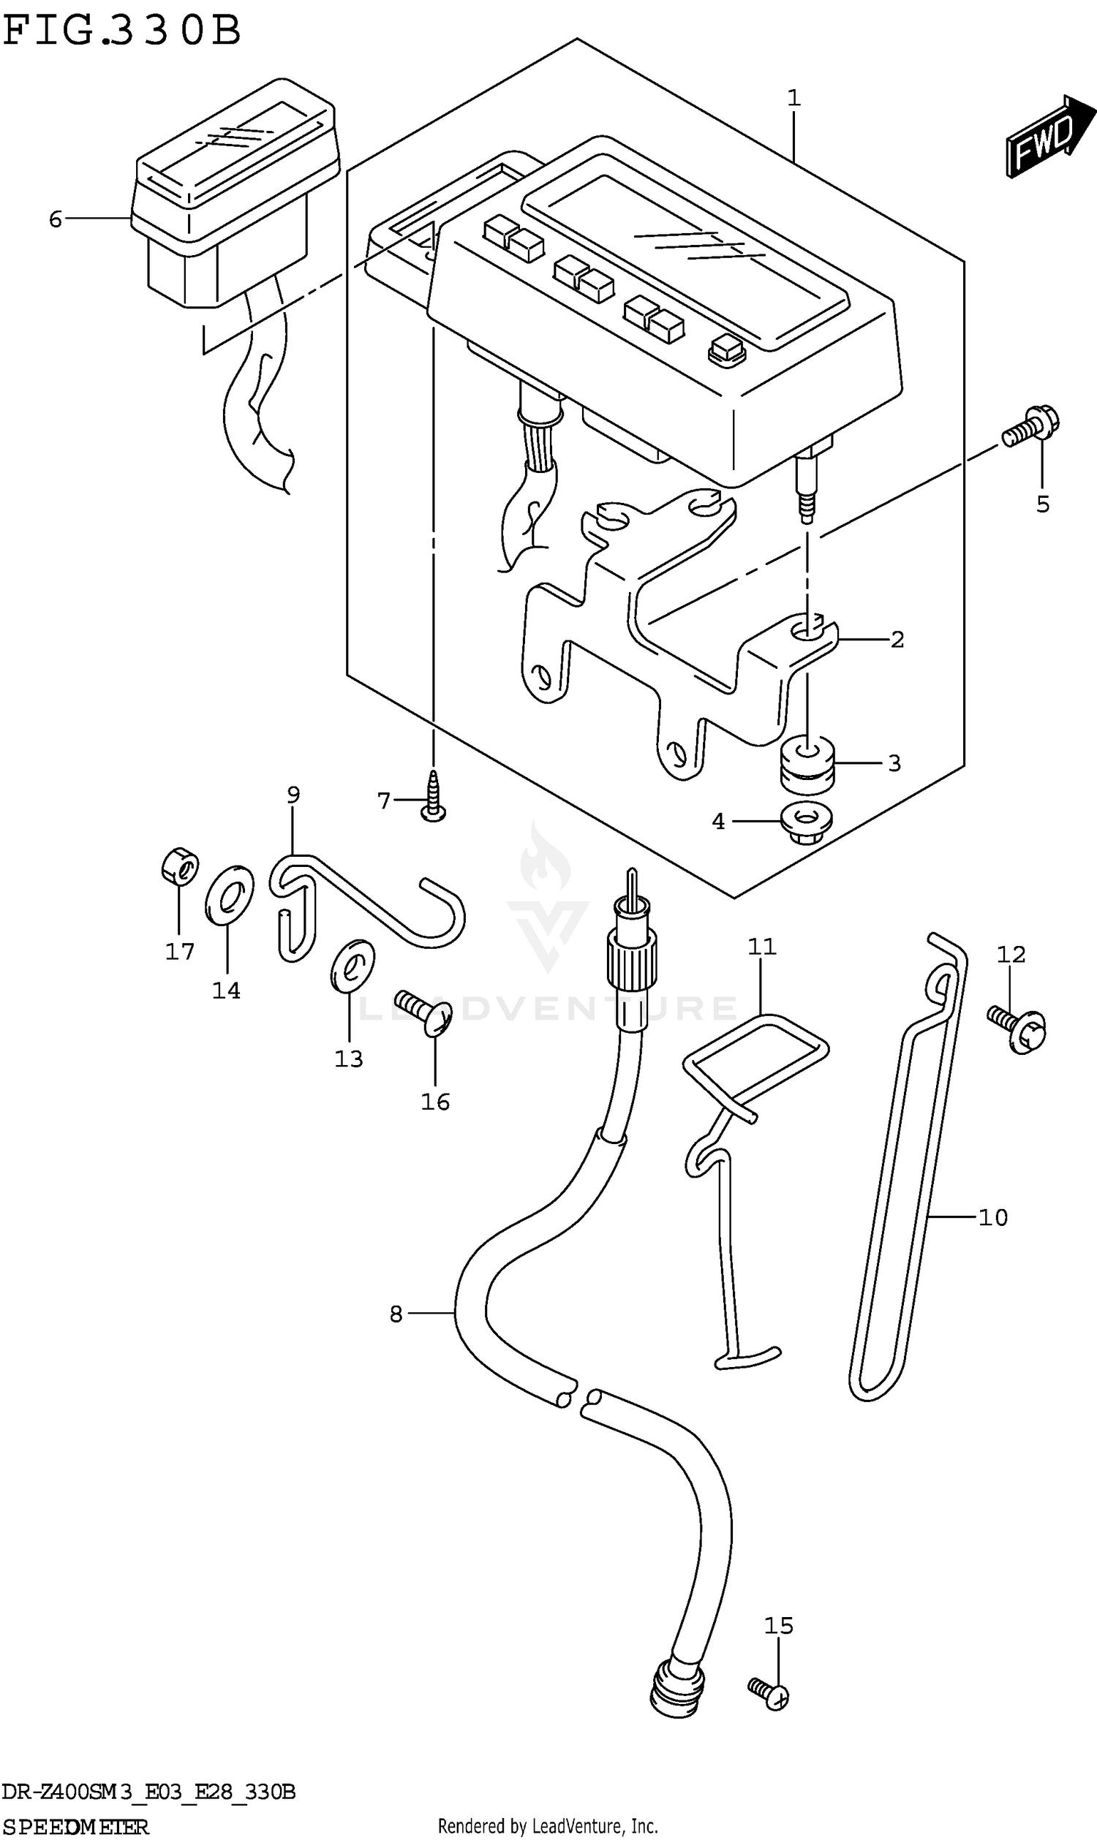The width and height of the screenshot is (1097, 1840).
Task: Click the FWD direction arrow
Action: [1047, 137]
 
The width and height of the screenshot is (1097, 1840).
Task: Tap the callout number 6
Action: [56, 219]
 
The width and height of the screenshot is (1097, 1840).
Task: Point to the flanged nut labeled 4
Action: [807, 822]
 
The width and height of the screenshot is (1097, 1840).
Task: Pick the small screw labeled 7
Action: [433, 797]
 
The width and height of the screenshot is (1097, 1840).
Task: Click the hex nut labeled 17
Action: [180, 866]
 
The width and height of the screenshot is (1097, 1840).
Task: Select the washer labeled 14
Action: [229, 893]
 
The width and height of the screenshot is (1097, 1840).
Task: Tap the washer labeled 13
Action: [353, 966]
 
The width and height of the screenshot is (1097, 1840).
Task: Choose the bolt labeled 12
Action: [1018, 1029]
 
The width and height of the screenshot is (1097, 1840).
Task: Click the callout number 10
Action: [992, 1217]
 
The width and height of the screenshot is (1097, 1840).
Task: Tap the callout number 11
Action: [761, 947]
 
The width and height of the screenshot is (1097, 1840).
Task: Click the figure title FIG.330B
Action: [122, 31]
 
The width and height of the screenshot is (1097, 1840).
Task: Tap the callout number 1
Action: [793, 98]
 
